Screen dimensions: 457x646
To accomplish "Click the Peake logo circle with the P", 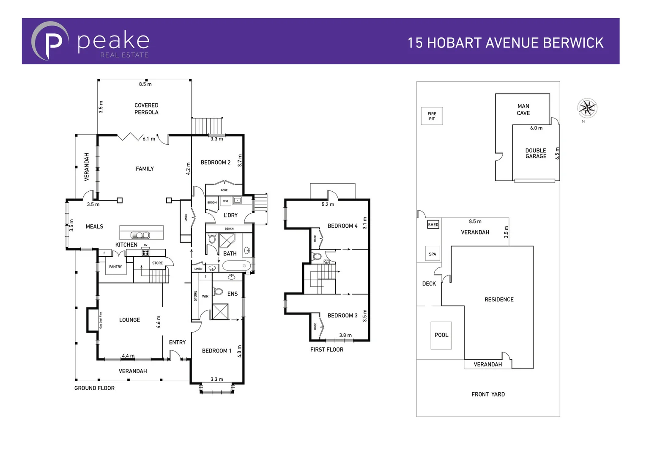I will (x=50, y=41).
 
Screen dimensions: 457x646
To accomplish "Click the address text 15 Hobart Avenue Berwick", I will (x=505, y=43).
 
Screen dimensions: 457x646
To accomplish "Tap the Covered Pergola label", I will (x=146, y=109).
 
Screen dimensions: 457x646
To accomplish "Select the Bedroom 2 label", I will (x=216, y=162).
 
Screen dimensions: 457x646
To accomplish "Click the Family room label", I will (x=145, y=169).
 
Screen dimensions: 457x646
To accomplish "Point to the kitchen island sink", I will (x=140, y=235).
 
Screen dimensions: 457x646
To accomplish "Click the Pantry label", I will (x=115, y=267).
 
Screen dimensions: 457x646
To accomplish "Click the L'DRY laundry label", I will (x=230, y=215).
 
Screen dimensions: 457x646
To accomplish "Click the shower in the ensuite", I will (x=220, y=312).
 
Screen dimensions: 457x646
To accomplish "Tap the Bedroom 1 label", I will (x=216, y=351).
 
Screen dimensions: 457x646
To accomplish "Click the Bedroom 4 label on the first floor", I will (x=342, y=226).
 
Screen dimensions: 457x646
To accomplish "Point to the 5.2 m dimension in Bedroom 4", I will (x=328, y=204).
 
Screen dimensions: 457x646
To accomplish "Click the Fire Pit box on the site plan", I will (x=432, y=116).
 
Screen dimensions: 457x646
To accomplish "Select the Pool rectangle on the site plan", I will (x=441, y=335).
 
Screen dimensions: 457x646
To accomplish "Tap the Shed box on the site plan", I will (x=433, y=225).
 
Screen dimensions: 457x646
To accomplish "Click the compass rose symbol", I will (x=587, y=108).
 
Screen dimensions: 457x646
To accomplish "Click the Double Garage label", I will (x=536, y=153).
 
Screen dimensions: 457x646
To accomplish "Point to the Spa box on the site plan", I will (x=432, y=254).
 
